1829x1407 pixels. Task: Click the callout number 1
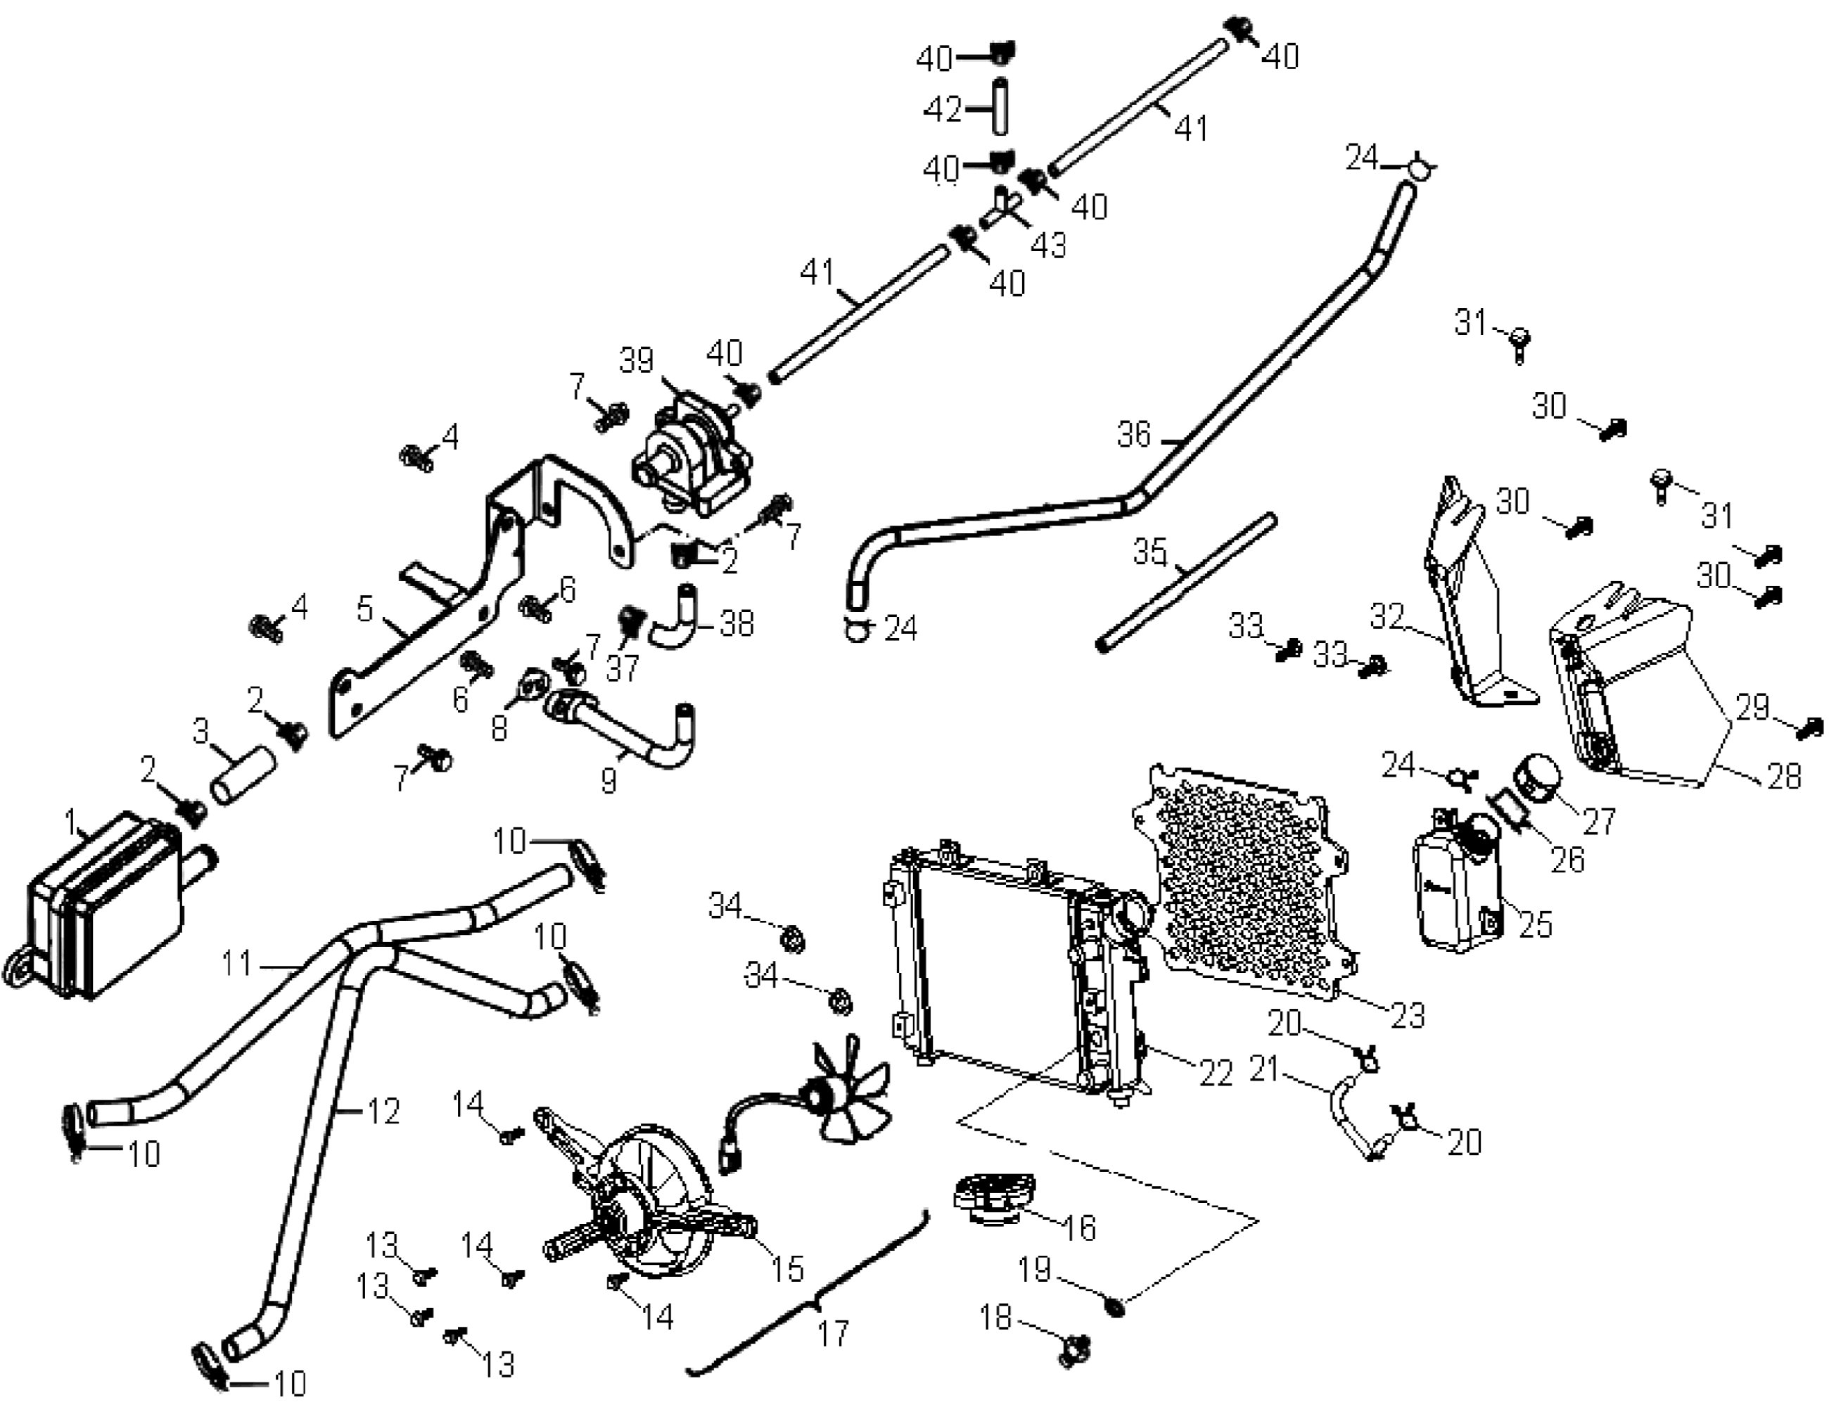click(x=71, y=820)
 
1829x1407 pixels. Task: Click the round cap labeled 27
click(x=1541, y=781)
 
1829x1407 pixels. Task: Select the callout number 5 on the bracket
click(x=365, y=611)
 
